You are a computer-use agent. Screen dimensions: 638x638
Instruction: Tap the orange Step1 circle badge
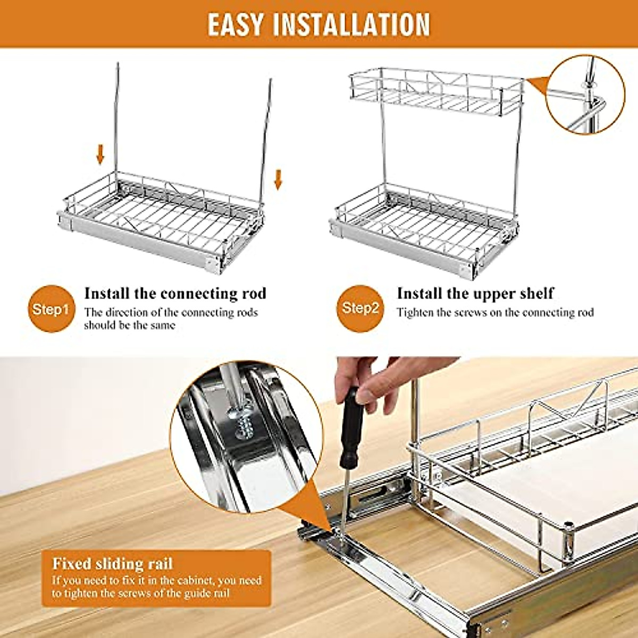[51, 309]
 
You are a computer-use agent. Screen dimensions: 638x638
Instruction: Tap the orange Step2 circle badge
[360, 308]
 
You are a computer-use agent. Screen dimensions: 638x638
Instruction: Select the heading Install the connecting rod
[175, 293]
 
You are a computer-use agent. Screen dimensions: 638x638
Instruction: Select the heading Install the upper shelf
[475, 293]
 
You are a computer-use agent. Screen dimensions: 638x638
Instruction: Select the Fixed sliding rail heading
[112, 564]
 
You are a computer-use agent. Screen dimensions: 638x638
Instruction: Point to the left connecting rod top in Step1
[117, 66]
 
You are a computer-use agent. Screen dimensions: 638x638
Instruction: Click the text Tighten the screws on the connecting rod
[495, 313]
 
